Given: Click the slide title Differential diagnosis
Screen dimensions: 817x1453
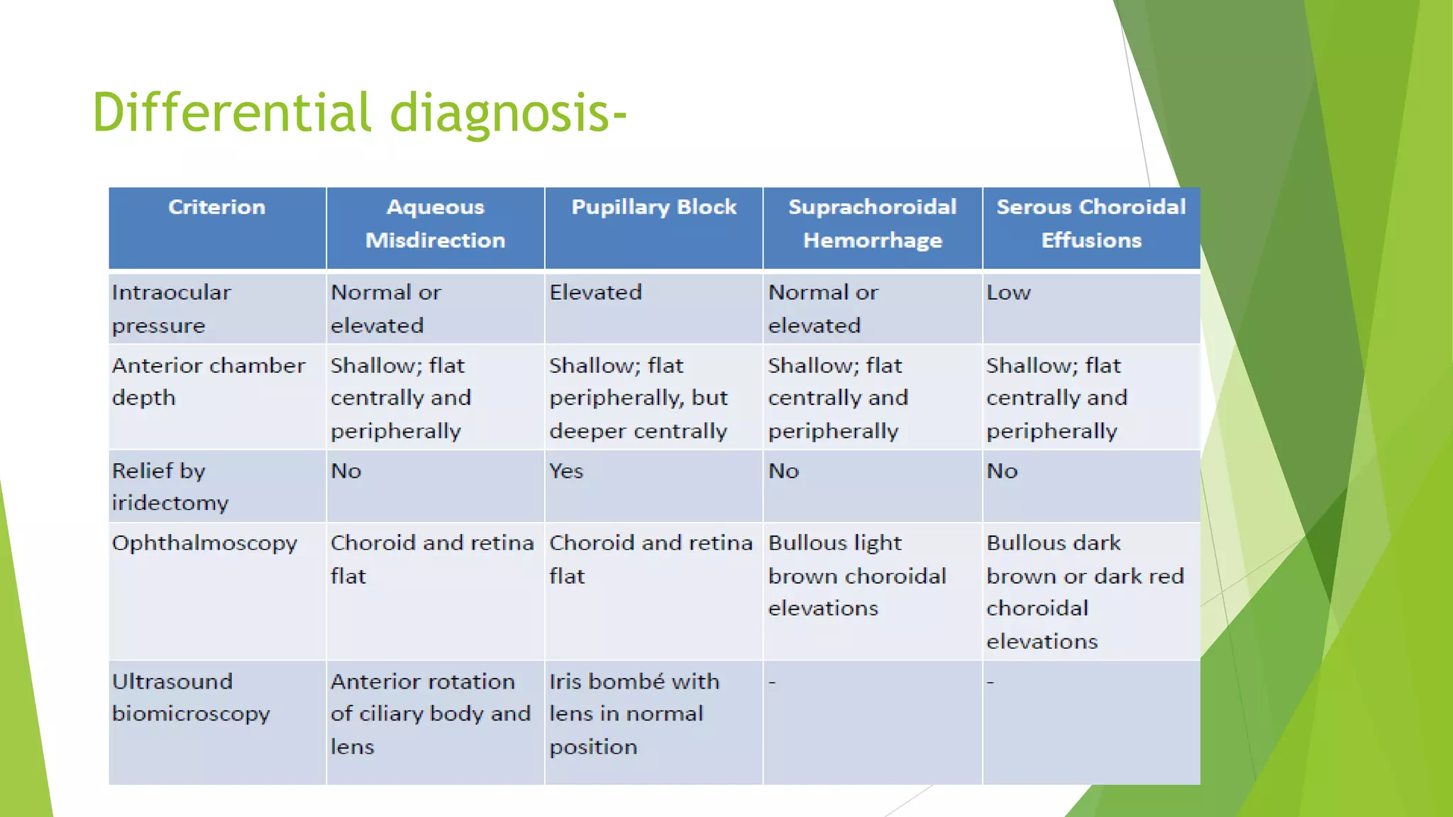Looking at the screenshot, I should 358,112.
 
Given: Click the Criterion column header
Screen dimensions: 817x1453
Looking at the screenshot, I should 216,207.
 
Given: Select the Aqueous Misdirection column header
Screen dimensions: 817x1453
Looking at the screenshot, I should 435,223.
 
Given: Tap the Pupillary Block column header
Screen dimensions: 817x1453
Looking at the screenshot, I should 653,207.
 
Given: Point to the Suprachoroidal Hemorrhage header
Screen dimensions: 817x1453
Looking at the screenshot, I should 872,223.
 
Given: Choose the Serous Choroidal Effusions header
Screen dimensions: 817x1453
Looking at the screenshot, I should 1090,223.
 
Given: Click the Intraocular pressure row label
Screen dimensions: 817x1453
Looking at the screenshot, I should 171,309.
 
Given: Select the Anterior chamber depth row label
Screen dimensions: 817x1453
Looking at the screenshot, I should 208,382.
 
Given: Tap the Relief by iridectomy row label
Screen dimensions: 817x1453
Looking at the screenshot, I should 170,487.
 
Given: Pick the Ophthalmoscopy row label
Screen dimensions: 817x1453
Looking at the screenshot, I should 204,543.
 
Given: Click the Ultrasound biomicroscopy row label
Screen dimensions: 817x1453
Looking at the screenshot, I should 190,697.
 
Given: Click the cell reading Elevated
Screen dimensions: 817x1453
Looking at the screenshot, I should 595,292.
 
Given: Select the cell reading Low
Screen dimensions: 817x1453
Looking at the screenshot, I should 1008,292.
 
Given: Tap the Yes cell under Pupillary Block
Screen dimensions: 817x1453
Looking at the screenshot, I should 565,471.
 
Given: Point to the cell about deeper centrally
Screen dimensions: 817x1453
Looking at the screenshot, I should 638,398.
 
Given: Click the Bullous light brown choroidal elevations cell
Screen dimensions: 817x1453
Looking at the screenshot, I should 856,575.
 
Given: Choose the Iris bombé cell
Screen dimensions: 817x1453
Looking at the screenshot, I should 634,713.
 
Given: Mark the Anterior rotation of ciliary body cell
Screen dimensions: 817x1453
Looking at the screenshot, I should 430,713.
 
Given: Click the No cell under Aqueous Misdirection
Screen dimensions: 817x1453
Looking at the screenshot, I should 346,471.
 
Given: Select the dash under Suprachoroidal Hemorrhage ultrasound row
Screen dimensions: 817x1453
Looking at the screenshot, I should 773,682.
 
